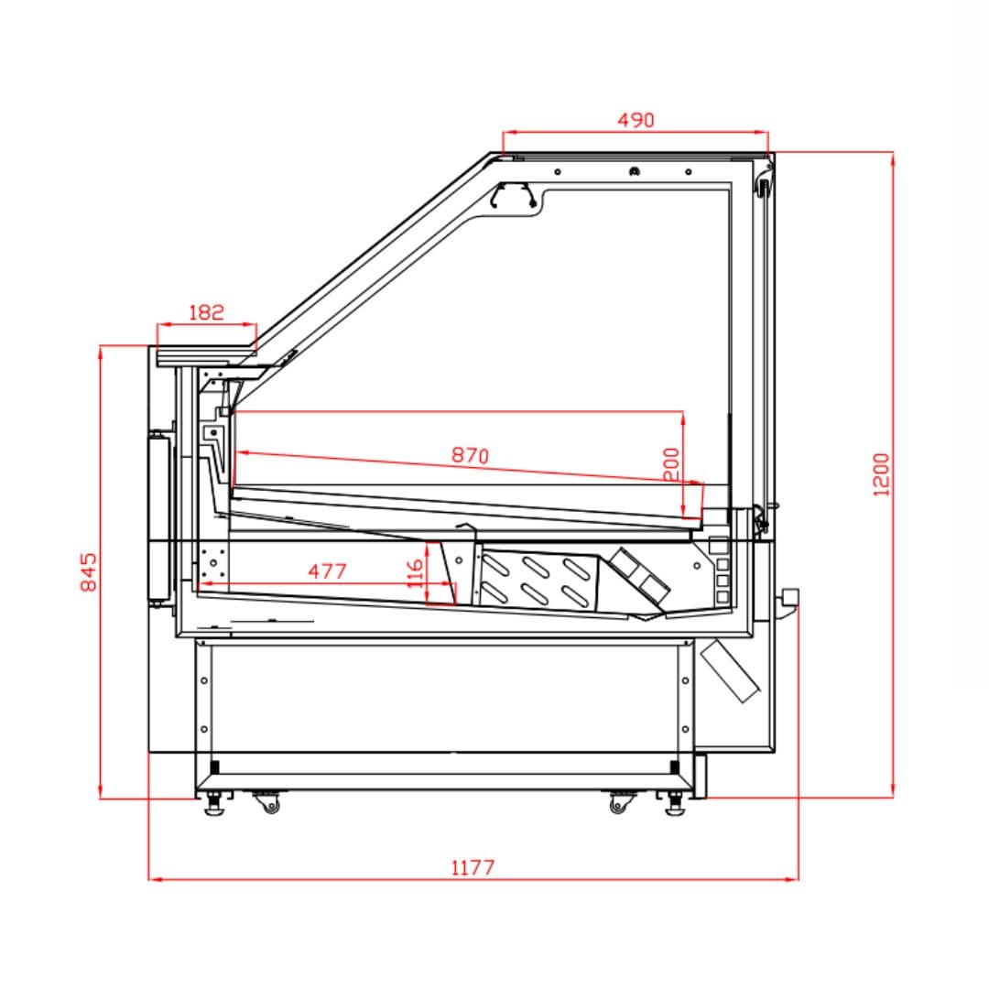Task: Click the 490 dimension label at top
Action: tap(636, 120)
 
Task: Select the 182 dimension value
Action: tap(206, 312)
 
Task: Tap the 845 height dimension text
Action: tap(89, 572)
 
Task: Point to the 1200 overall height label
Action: tap(881, 475)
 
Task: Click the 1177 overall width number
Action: tap(473, 868)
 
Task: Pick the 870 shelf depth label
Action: tap(470, 455)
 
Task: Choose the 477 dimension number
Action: tap(327, 571)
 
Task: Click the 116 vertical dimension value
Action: tap(415, 573)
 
